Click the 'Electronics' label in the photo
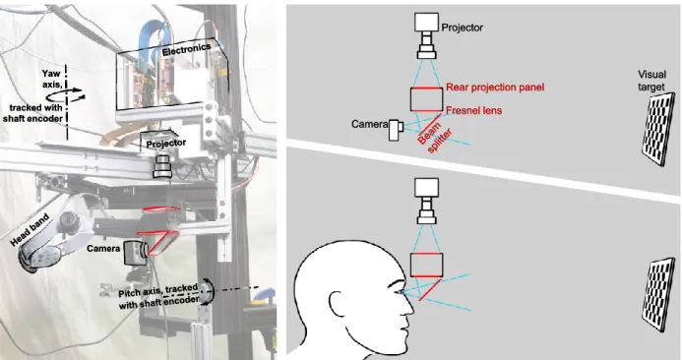point(187,49)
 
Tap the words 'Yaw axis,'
point(51,79)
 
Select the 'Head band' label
point(30,229)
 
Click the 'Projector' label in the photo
point(166,143)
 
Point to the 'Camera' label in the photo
point(103,249)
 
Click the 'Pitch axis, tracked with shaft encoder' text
point(158,296)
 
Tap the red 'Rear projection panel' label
point(495,88)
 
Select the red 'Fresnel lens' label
point(473,110)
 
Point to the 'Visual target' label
point(651,81)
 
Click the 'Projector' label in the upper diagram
point(462,28)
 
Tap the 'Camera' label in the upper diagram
point(369,124)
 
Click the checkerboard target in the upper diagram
point(658,129)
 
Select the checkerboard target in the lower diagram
point(659,296)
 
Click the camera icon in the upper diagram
point(397,130)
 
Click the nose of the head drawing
point(408,307)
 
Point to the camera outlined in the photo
point(135,253)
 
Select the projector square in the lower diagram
point(427,188)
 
